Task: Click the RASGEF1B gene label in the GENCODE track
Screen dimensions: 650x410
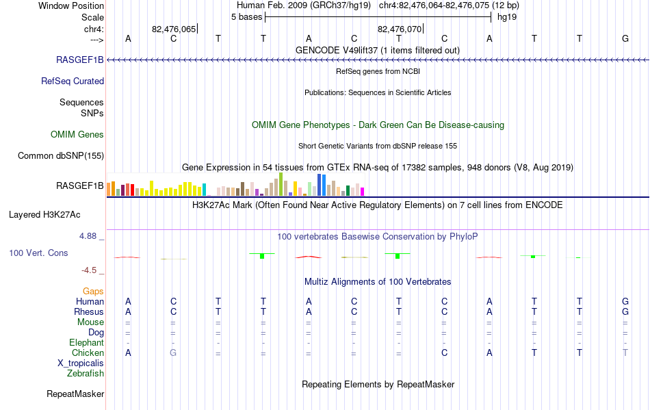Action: coord(79,60)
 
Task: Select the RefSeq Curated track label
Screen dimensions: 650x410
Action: coord(72,81)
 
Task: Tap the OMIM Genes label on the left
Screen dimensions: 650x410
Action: coord(77,134)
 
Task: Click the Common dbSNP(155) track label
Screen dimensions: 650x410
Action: coord(60,156)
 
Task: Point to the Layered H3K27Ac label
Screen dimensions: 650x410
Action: coord(44,215)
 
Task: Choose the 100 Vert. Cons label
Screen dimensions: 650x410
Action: coord(38,253)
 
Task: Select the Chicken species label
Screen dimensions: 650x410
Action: coord(88,353)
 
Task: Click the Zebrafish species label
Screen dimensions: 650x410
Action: coord(85,374)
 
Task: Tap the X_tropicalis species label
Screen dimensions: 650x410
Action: coord(81,363)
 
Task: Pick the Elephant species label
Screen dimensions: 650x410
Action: coord(86,343)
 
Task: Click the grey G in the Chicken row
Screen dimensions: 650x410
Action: coord(173,353)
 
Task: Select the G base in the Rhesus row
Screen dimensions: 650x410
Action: coord(625,311)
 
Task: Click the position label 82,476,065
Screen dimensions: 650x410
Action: coord(174,29)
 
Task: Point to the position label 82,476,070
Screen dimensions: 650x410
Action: coord(399,29)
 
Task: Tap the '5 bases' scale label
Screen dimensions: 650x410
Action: coord(246,17)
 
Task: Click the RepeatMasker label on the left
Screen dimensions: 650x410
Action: coord(75,394)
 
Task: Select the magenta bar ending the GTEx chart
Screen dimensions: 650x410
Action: coord(363,192)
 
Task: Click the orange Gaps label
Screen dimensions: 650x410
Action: coord(93,292)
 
